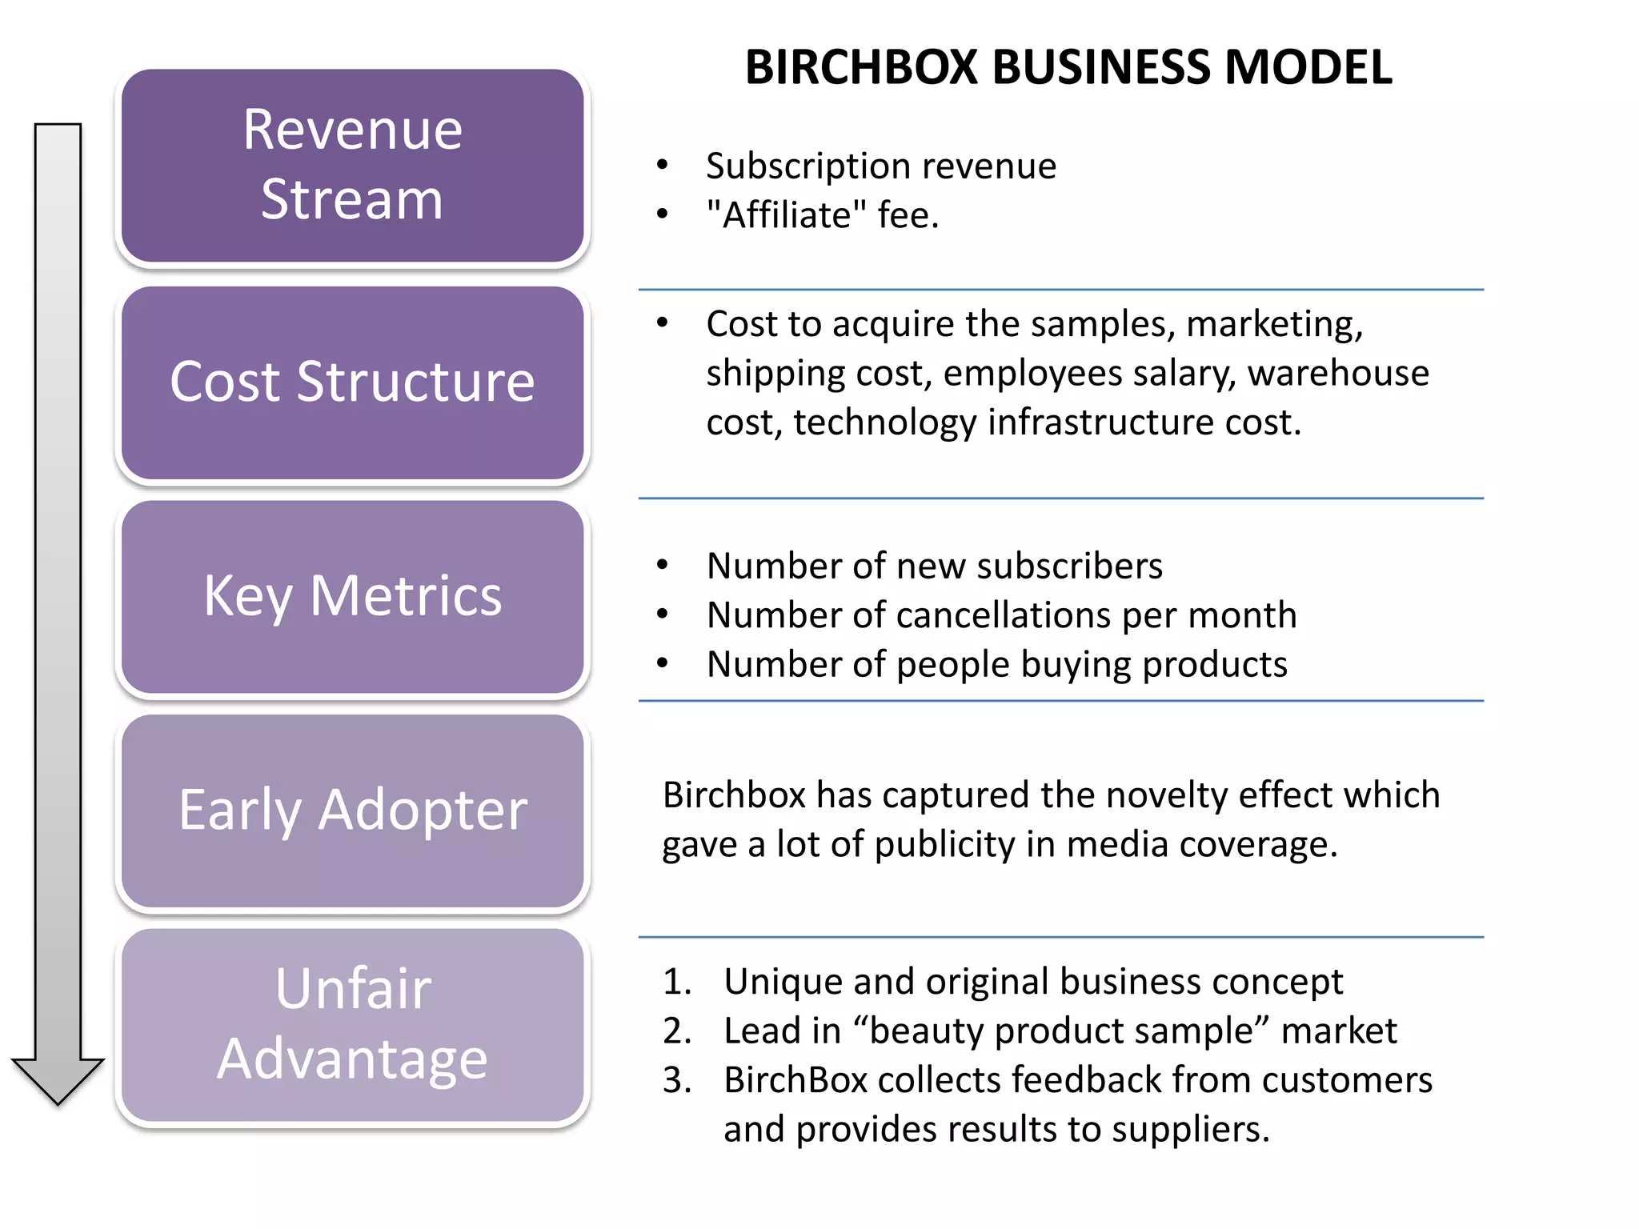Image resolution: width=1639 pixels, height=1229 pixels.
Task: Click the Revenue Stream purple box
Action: (352, 166)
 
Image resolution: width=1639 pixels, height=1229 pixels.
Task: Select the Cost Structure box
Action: (352, 382)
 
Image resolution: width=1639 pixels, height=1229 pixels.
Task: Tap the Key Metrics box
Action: (352, 597)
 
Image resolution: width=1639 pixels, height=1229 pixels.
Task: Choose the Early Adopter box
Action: (352, 811)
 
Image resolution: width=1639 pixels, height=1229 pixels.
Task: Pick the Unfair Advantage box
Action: (352, 1024)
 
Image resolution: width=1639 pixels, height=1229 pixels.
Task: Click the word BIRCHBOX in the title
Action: (861, 67)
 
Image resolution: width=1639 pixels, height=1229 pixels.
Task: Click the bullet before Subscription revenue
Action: (662, 166)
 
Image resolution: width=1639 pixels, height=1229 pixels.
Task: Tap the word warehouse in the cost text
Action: (1338, 374)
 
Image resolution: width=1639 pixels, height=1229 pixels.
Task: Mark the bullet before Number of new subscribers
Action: (662, 565)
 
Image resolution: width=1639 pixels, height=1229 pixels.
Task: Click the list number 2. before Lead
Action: (676, 1031)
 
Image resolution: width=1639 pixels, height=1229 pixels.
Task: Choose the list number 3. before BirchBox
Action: (676, 1080)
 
